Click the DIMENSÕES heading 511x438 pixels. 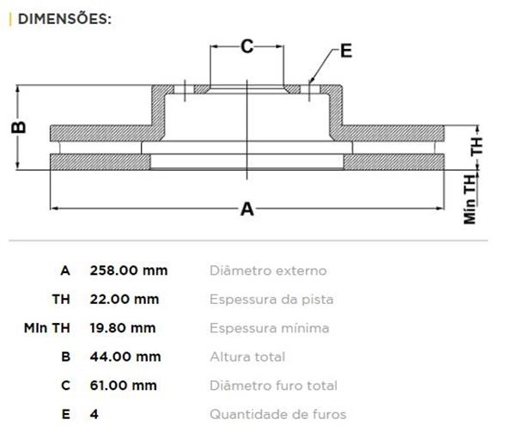click(64, 19)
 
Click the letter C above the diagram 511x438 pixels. click(247, 46)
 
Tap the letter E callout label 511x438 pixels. click(346, 51)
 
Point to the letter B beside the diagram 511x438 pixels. click(18, 127)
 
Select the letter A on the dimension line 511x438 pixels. click(247, 209)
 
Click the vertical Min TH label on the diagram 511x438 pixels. click(470, 199)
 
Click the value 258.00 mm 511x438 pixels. click(129, 271)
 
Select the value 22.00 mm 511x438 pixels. click(125, 299)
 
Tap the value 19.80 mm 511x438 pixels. click(123, 328)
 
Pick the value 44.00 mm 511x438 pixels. click(125, 356)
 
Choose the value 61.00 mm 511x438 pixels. click(124, 386)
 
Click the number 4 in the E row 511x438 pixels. click(94, 414)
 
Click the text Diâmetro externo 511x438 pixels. click(268, 271)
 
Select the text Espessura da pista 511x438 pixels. click(271, 300)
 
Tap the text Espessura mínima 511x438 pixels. click(270, 328)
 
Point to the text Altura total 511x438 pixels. click(247, 356)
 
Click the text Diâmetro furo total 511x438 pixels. click(273, 386)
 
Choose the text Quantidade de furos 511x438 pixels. click(278, 414)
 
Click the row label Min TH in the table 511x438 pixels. click(47, 328)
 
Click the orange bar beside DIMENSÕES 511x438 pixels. click(10, 19)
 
